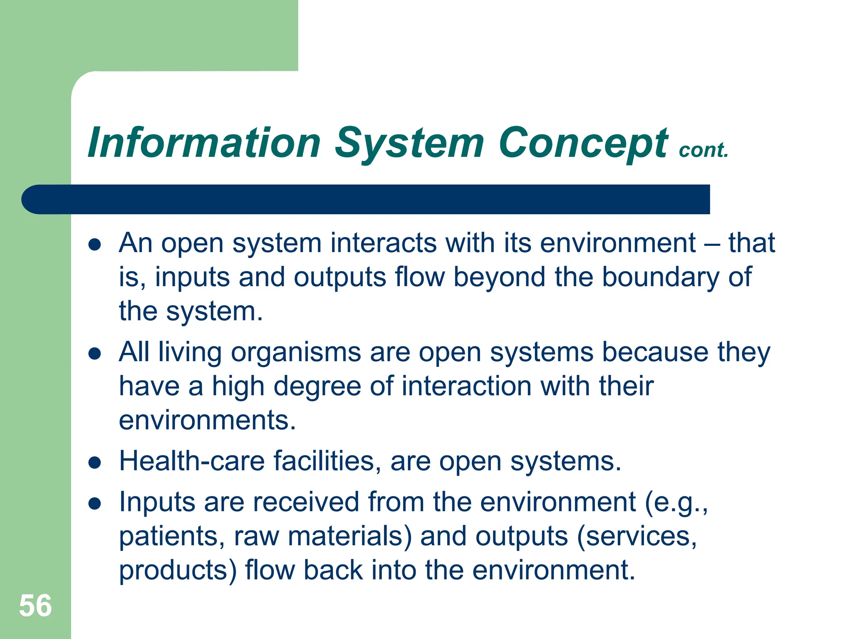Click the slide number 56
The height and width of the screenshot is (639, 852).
pos(35,606)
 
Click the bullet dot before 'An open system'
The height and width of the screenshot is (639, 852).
pos(95,245)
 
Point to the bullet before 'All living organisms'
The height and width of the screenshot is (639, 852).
pos(95,354)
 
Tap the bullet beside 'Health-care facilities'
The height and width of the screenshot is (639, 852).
pos(95,463)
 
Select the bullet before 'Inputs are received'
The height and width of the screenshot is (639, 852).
pos(95,504)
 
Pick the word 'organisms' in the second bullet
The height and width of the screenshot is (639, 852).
pos(296,352)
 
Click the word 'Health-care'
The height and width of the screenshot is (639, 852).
pos(192,461)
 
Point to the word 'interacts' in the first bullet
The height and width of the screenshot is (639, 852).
pos(383,243)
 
